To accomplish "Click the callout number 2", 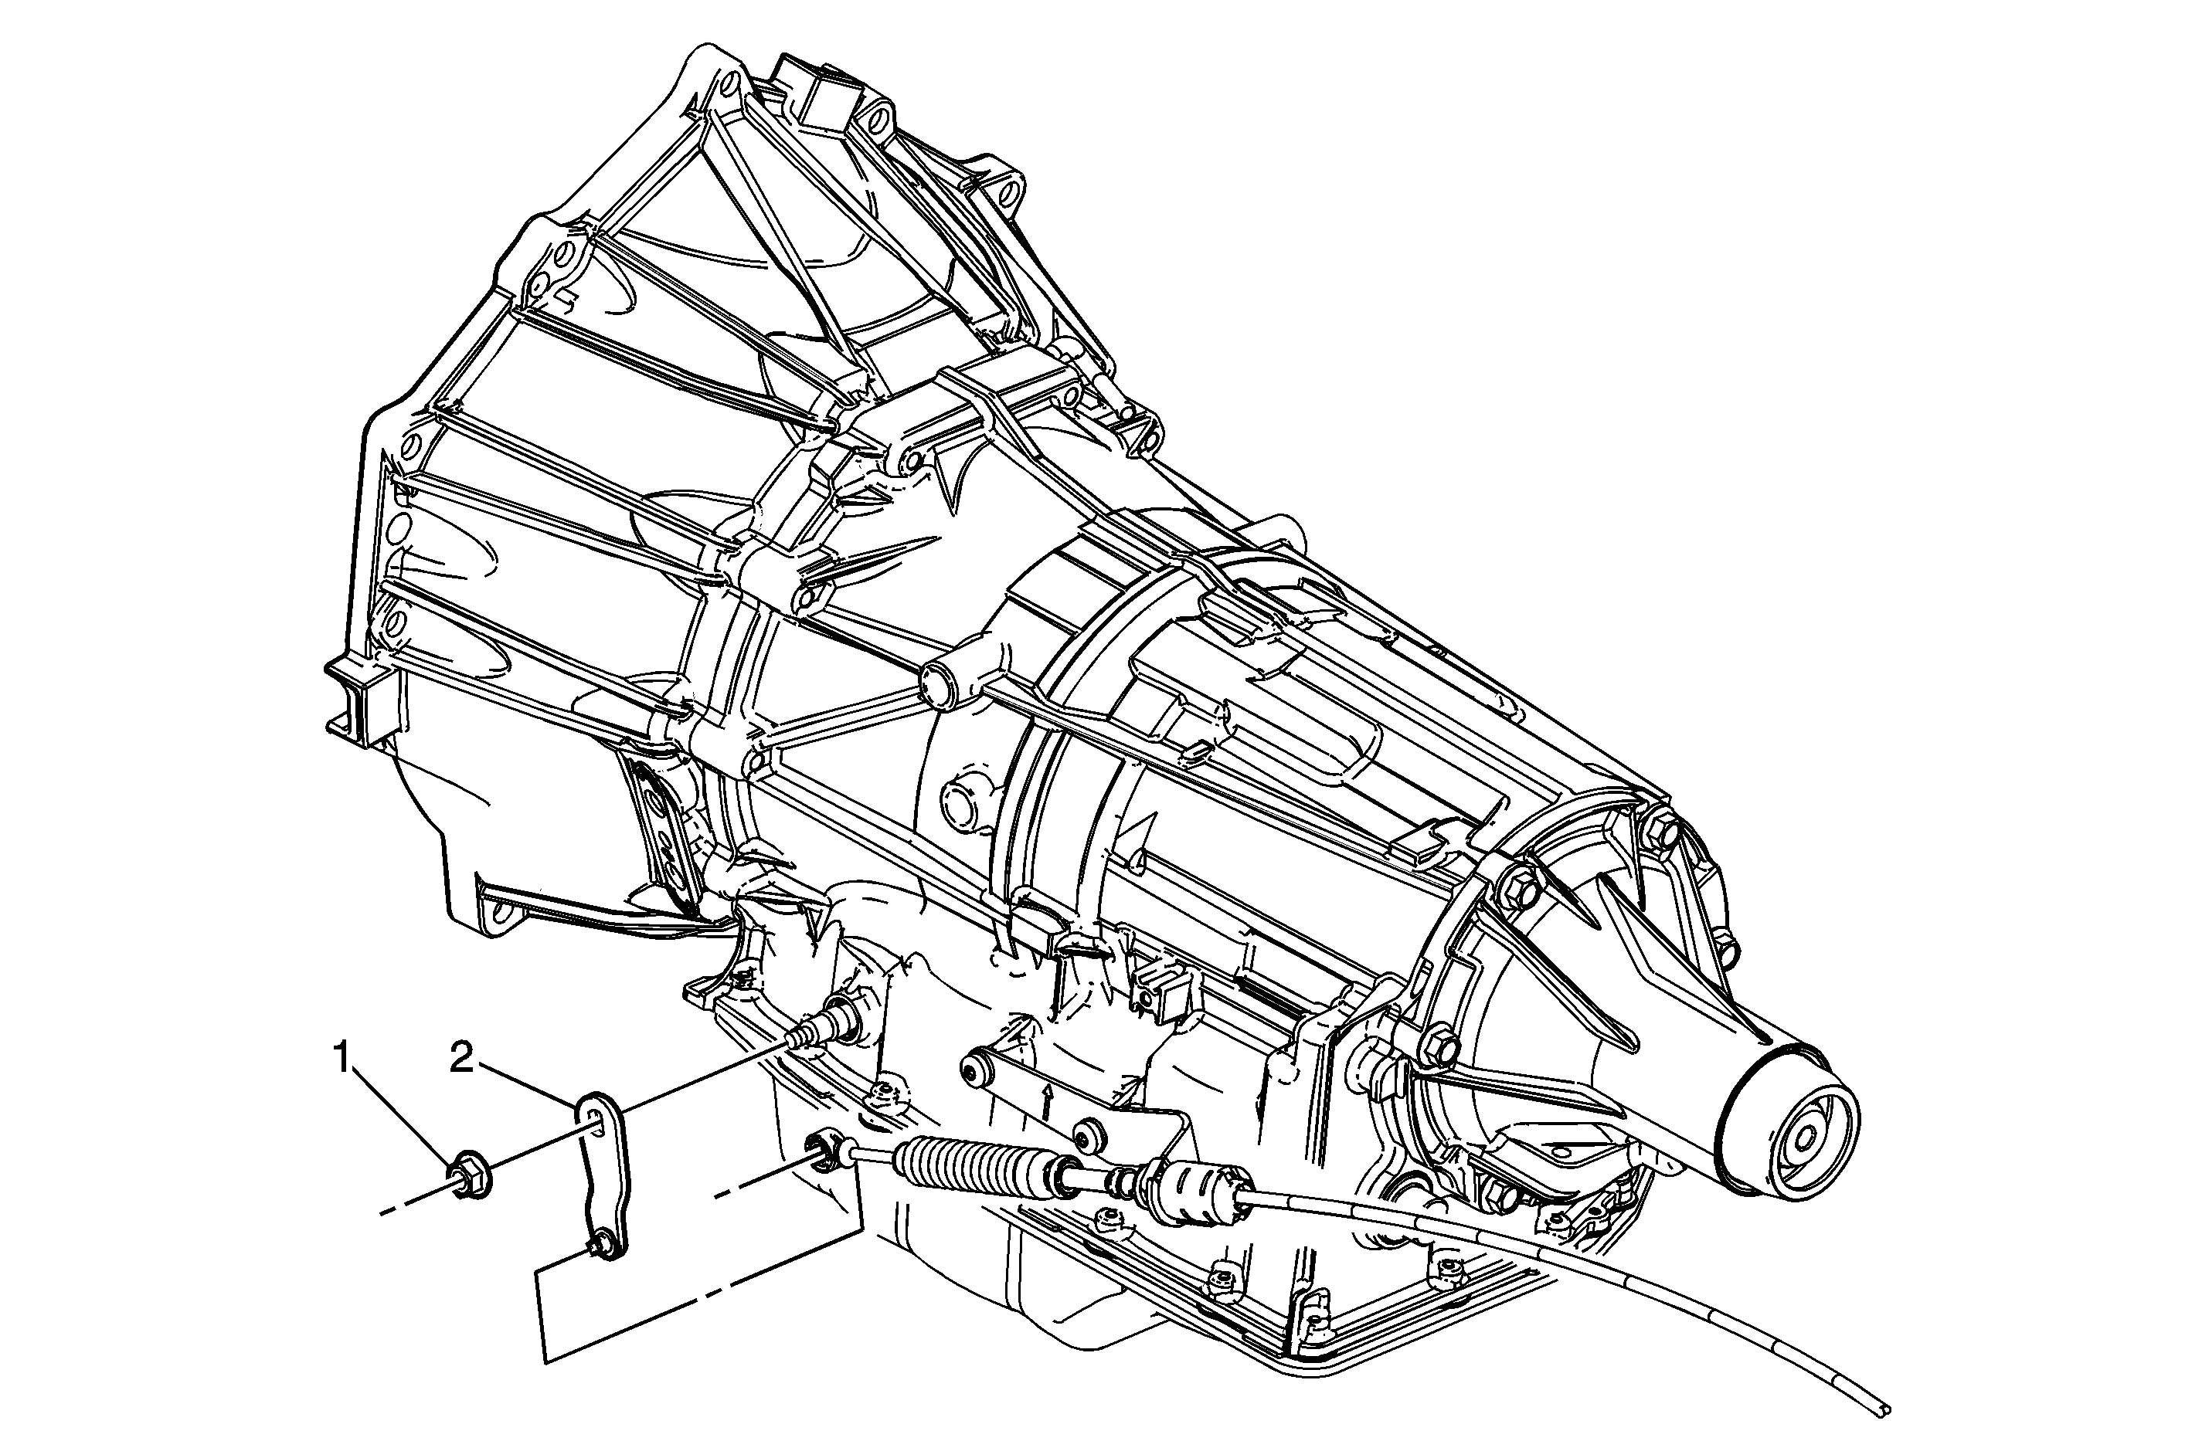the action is (464, 1058).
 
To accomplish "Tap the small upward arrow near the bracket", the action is (1048, 1100).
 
